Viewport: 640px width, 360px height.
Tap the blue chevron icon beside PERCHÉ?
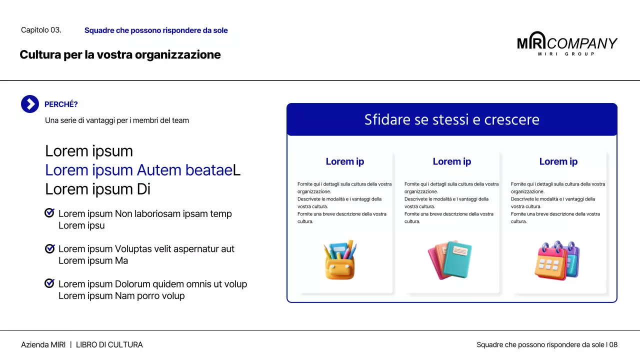(30, 104)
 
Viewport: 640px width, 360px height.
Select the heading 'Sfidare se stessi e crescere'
(451, 120)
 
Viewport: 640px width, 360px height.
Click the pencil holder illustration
(340, 259)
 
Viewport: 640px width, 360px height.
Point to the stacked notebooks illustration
(449, 259)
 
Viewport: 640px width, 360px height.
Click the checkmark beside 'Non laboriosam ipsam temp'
(49, 213)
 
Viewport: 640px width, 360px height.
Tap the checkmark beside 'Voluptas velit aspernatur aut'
(49, 248)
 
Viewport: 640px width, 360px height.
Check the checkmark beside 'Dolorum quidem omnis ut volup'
(49, 283)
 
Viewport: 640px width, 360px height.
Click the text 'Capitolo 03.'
(41, 30)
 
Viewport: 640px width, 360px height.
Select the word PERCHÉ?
(61, 104)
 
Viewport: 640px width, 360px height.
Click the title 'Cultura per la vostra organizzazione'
(120, 54)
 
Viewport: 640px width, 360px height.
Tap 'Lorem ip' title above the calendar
(558, 161)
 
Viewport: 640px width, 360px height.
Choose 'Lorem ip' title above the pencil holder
(345, 161)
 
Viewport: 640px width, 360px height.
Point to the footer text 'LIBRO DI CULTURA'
(109, 345)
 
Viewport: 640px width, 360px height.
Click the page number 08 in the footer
(613, 345)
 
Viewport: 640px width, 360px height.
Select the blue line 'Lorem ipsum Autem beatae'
(139, 170)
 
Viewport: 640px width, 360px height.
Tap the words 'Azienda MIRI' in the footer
(43, 345)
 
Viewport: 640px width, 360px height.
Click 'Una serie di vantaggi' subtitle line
(117, 120)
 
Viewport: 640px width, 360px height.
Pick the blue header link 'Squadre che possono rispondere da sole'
(156, 30)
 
